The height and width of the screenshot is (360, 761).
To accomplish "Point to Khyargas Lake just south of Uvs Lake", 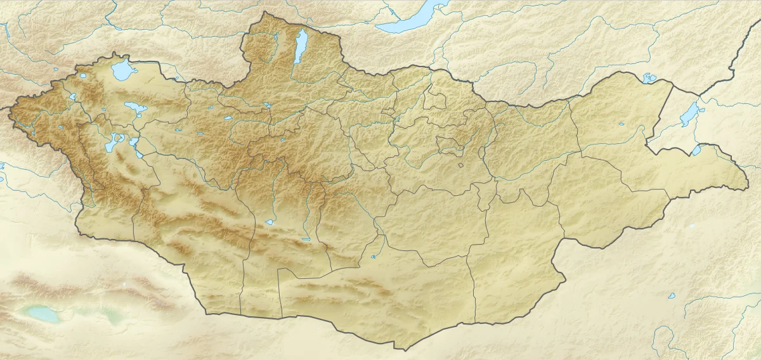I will pyautogui.click(x=134, y=107).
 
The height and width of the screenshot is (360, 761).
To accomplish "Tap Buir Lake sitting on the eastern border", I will pyautogui.click(x=696, y=150).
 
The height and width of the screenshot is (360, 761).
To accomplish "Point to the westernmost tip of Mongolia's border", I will pyautogui.click(x=10, y=109).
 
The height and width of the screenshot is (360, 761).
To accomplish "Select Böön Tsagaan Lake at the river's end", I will pyautogui.click(x=270, y=222).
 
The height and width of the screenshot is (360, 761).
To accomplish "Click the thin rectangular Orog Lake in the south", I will pyautogui.click(x=306, y=239).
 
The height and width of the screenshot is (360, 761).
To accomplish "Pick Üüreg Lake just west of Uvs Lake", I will pyautogui.click(x=82, y=74).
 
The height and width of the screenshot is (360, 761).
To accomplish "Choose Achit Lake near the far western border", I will pyautogui.click(x=74, y=97).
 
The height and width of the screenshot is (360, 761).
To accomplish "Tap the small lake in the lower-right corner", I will pyautogui.click(x=671, y=295).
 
